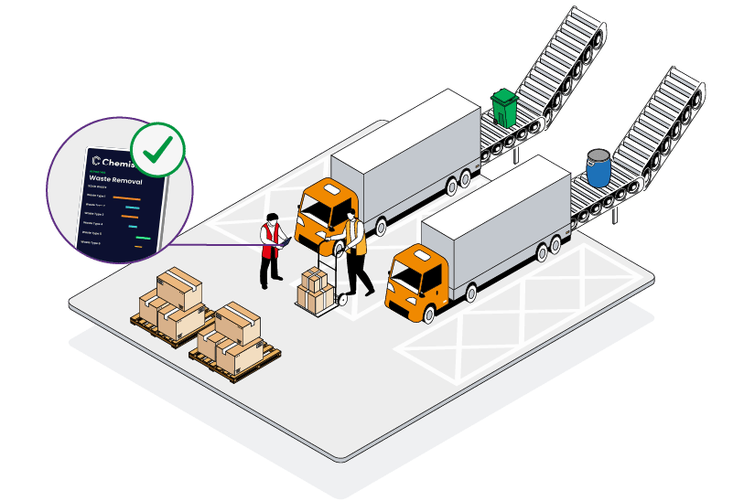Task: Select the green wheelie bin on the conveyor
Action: click(503, 107)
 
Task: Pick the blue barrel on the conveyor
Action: click(599, 167)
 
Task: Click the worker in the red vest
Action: click(269, 250)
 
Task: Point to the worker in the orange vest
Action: click(355, 252)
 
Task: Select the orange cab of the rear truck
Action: click(324, 211)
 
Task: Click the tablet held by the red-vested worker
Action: click(286, 242)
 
